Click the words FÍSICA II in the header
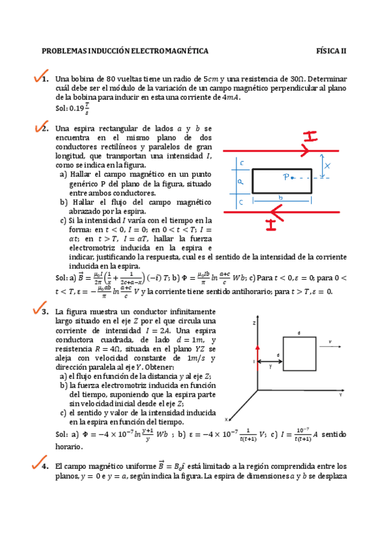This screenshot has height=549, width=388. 331,50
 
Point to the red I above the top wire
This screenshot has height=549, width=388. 311,136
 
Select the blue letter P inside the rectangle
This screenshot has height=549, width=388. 285,176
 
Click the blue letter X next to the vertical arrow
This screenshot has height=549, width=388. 328,166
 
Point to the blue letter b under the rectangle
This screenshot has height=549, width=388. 280,197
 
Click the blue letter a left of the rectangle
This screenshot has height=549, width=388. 240,182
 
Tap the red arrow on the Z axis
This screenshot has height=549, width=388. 258,350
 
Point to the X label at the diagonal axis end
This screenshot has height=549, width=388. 227,418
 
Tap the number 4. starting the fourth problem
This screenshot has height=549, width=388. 44,465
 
